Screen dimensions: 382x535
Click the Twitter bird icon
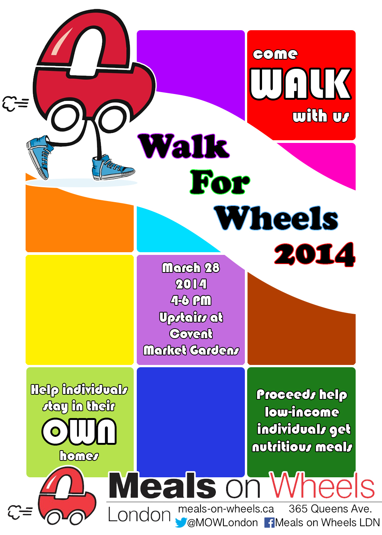point(181,522)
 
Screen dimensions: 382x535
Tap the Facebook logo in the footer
point(269,523)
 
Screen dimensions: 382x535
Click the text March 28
point(191,267)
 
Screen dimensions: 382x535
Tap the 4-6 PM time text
point(191,300)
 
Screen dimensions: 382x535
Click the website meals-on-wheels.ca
point(226,509)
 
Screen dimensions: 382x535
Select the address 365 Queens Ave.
point(330,509)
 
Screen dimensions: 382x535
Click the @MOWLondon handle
point(222,523)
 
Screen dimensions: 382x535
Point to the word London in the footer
point(139,515)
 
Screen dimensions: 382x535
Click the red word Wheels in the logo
point(322,485)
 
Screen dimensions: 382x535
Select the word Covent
point(191,334)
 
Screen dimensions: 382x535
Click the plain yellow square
point(79,310)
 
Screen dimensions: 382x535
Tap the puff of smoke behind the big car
point(15,104)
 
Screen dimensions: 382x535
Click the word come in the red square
point(275,54)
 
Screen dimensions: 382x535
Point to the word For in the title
point(220,182)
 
